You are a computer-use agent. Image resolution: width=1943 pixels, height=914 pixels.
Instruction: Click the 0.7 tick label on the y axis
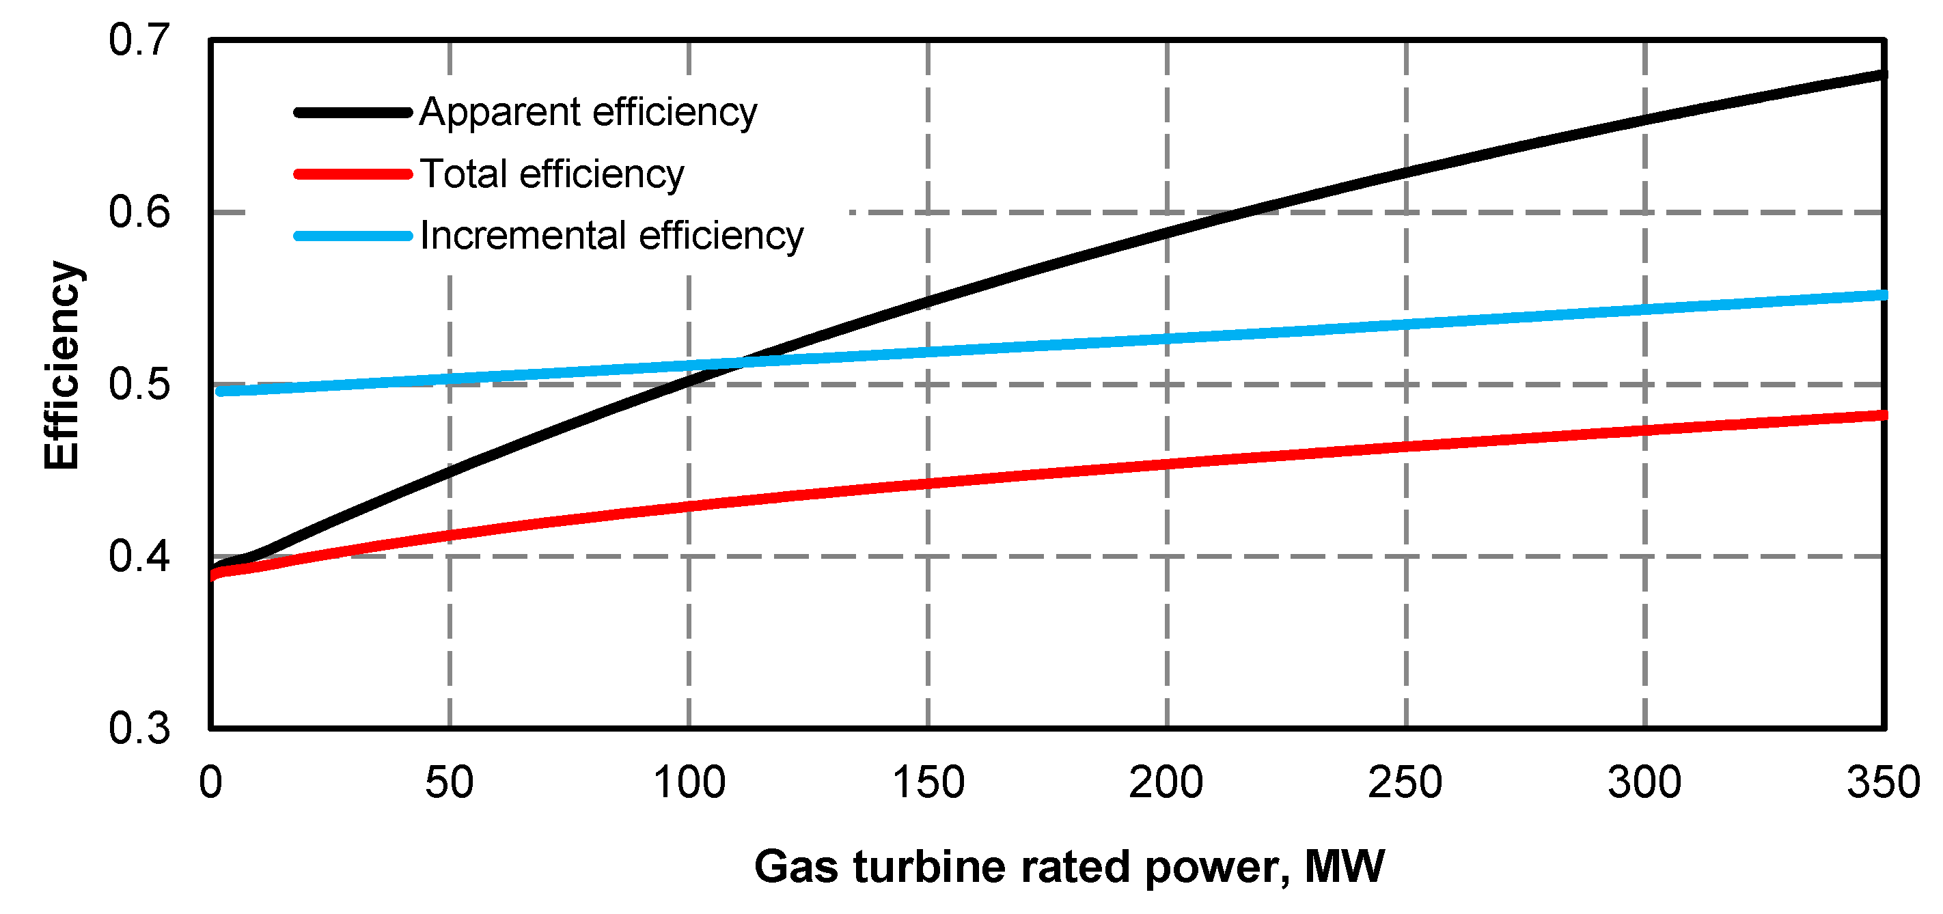pyautogui.click(x=139, y=40)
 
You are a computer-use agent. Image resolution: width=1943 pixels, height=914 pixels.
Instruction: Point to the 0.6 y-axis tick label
pyautogui.click(x=139, y=212)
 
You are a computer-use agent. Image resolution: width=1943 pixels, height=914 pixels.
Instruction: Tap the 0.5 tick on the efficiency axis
pyautogui.click(x=139, y=384)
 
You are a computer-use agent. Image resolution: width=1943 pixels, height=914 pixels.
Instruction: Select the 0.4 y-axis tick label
pyautogui.click(x=139, y=557)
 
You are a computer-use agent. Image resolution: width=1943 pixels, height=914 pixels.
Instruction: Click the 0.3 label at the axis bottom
pyautogui.click(x=139, y=728)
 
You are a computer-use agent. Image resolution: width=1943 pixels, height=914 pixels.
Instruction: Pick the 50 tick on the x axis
pyautogui.click(x=449, y=783)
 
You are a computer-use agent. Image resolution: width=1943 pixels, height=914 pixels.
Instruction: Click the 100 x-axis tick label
pyautogui.click(x=689, y=783)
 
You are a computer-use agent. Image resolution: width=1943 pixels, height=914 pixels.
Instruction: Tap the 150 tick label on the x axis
pyautogui.click(x=928, y=783)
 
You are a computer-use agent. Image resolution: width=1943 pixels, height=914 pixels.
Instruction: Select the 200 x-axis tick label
pyautogui.click(x=1166, y=783)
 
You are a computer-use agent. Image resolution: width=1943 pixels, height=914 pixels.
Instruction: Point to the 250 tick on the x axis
pyautogui.click(x=1405, y=783)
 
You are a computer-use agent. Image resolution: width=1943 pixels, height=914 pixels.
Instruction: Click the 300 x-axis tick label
pyautogui.click(x=1644, y=783)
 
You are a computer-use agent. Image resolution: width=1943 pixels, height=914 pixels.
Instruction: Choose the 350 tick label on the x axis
pyautogui.click(x=1884, y=783)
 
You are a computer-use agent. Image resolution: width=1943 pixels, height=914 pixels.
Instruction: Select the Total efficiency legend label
pyautogui.click(x=551, y=174)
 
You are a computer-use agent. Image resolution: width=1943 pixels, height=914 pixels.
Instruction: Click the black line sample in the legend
pyautogui.click(x=353, y=112)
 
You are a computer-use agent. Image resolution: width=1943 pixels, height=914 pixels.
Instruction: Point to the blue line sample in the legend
pyautogui.click(x=353, y=236)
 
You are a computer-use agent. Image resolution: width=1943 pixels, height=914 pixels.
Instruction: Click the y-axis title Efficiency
pyautogui.click(x=62, y=365)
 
